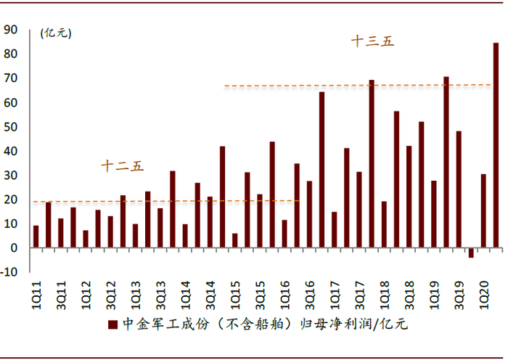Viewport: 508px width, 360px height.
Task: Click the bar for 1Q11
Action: (36, 237)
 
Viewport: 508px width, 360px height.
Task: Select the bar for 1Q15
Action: (235, 240)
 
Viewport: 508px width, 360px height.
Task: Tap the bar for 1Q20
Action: (483, 211)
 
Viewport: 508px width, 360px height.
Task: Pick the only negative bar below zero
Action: (471, 253)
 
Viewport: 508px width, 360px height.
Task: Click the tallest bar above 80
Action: (496, 145)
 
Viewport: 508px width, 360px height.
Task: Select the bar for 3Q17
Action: (359, 210)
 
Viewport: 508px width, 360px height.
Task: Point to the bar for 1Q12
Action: (86, 239)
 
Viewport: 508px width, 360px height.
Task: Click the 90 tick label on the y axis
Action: (11, 30)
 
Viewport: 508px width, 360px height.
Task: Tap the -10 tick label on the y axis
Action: (9, 272)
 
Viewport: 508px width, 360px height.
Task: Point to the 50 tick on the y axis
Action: (11, 127)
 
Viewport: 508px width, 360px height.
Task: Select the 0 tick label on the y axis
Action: (14, 248)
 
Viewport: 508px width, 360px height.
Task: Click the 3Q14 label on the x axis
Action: (210, 295)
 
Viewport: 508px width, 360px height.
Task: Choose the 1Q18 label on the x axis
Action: (384, 295)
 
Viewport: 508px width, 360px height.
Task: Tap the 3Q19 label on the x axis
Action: (459, 295)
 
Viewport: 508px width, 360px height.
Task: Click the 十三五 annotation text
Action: (372, 41)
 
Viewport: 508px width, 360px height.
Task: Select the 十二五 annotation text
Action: (122, 166)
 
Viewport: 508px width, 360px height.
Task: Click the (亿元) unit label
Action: (56, 33)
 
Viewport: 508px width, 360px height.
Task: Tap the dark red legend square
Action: (112, 324)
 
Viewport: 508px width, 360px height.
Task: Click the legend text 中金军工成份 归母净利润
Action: (265, 324)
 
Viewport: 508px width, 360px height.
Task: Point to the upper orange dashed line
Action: (358, 86)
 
